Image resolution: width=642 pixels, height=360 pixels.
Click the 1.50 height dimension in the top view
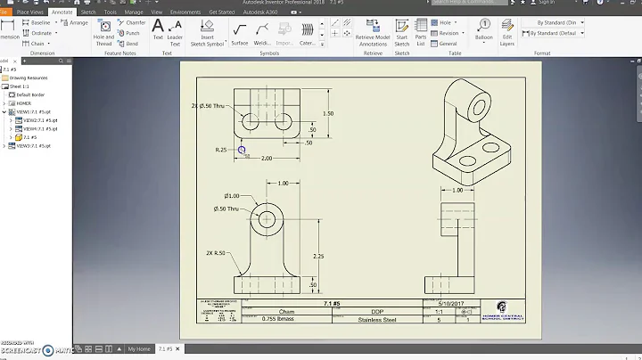(328, 114)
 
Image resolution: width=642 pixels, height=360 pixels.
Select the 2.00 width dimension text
(266, 158)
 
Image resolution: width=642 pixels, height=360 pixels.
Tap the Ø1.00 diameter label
(232, 196)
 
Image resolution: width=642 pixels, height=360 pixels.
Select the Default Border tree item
(31, 94)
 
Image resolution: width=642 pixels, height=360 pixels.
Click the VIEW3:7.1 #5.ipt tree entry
(35, 146)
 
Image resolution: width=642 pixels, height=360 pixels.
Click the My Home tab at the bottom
(138, 349)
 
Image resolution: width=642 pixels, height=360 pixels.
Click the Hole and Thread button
(103, 36)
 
